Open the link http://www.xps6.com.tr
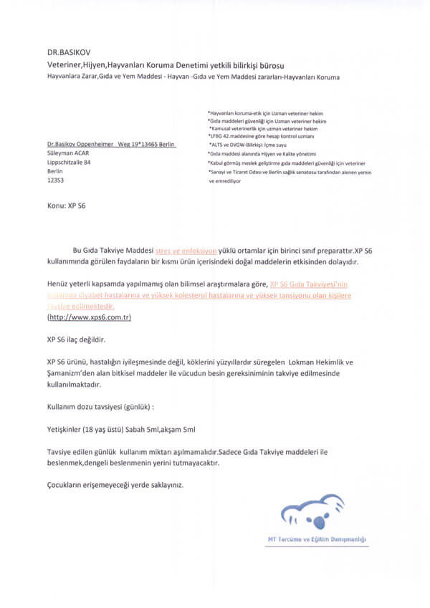click(89, 317)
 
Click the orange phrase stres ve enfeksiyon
click(186, 252)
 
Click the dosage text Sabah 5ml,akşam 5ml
click(161, 429)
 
